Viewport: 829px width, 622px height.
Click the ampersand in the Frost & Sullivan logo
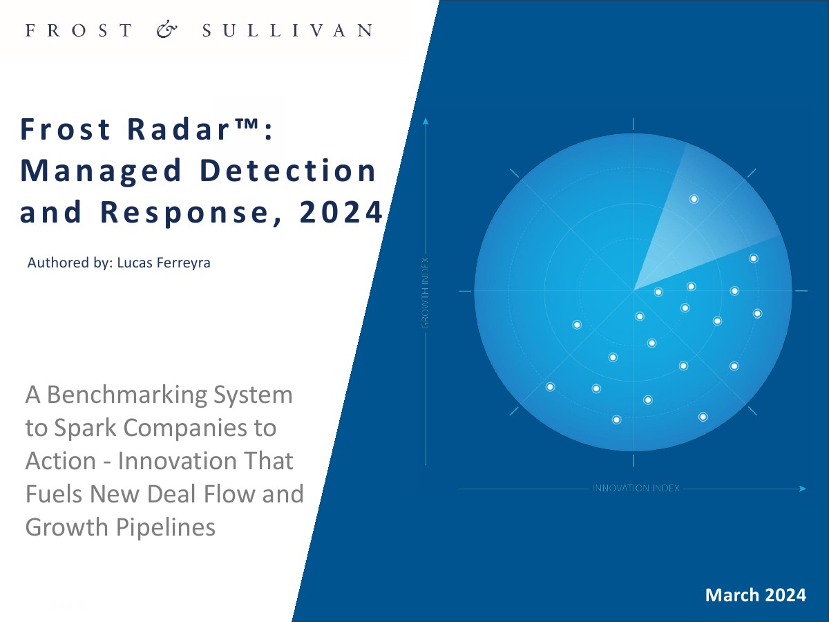pyautogui.click(x=167, y=30)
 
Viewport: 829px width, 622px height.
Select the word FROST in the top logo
pyautogui.click(x=79, y=30)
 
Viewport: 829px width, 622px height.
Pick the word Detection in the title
pyautogui.click(x=288, y=170)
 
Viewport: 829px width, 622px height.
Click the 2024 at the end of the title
pyautogui.click(x=341, y=212)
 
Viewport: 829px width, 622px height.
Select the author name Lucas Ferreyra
pyautogui.click(x=164, y=263)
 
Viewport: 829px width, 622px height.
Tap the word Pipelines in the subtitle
pyautogui.click(x=165, y=527)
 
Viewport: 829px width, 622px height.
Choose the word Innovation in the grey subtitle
pyautogui.click(x=177, y=461)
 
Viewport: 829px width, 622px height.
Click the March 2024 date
pyautogui.click(x=755, y=595)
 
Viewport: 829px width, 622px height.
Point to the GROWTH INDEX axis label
pyautogui.click(x=426, y=293)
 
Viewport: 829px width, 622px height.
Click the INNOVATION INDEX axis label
pyautogui.click(x=636, y=489)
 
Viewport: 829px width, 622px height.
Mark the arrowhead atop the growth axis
pyautogui.click(x=426, y=121)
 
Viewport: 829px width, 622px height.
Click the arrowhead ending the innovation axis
pyautogui.click(x=803, y=489)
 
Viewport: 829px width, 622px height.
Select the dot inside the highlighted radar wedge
pyautogui.click(x=694, y=199)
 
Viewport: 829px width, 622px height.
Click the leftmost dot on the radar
pyautogui.click(x=551, y=387)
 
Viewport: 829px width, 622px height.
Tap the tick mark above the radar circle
pyautogui.click(x=633, y=124)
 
